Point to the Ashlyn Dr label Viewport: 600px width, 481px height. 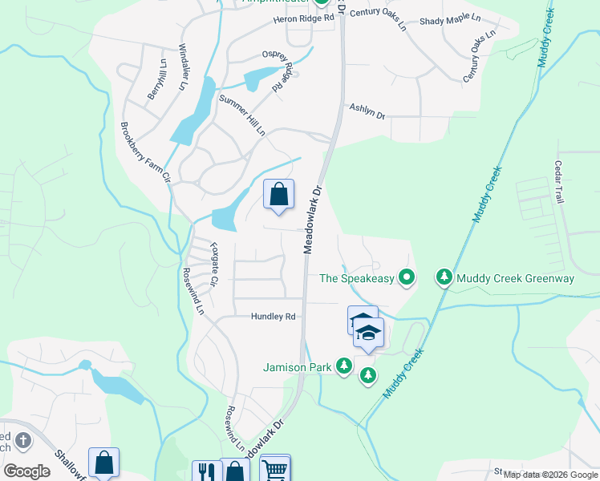367,112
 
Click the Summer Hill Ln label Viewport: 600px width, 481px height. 242,115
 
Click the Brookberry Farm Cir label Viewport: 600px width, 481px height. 145,153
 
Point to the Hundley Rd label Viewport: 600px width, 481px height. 274,317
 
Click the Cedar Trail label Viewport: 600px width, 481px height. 559,182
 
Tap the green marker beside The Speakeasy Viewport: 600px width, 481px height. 407,278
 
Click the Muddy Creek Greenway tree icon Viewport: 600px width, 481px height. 444,278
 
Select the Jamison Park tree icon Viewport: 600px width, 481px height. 344,366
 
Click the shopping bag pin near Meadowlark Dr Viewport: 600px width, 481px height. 278,195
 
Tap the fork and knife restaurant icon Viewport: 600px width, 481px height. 206,471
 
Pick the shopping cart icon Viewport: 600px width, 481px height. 275,470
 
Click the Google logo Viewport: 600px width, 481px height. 27,471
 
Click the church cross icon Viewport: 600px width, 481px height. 23,440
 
